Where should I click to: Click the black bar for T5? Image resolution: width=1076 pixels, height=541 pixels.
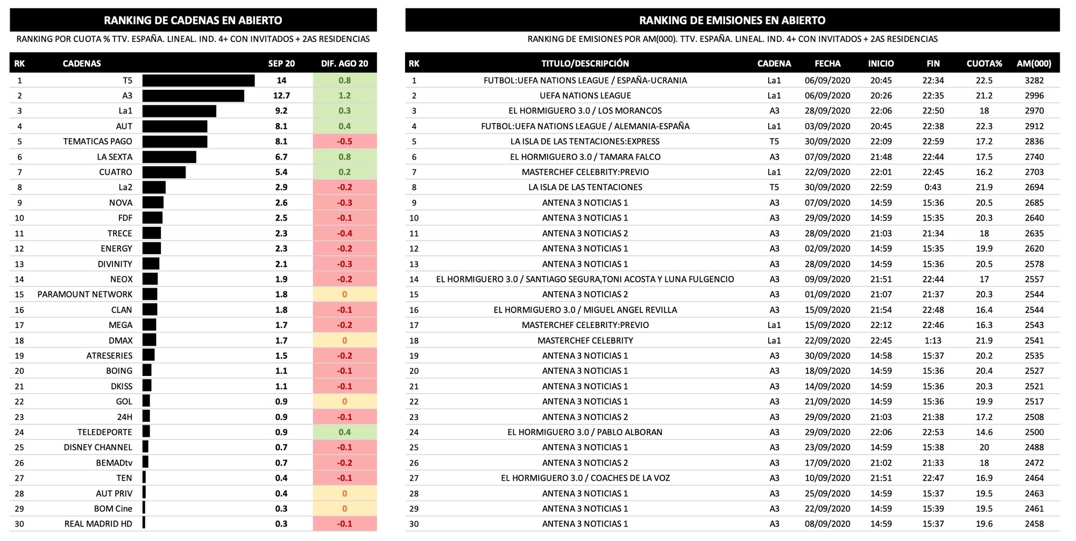tap(198, 81)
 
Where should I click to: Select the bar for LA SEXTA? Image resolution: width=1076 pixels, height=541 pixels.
tap(169, 157)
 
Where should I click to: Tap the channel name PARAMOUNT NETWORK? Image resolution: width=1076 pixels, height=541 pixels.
tap(84, 295)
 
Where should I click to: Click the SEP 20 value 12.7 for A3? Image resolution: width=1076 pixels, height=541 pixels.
tap(281, 96)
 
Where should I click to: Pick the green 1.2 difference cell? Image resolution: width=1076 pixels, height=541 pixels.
tap(344, 96)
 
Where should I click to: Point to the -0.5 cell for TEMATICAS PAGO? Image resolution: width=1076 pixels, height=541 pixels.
tap(344, 141)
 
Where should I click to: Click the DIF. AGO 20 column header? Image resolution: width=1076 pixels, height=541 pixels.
tap(344, 63)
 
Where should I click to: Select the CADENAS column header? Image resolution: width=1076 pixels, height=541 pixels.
tap(82, 63)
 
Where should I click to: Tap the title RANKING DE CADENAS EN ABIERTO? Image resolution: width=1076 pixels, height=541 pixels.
tap(193, 20)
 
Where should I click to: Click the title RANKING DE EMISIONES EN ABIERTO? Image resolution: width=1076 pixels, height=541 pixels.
tap(732, 20)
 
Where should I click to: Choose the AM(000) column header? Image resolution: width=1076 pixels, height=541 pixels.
tap(1033, 63)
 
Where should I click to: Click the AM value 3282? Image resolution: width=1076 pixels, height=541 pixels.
tap(1034, 81)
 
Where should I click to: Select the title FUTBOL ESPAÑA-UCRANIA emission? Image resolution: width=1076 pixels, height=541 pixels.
tap(585, 81)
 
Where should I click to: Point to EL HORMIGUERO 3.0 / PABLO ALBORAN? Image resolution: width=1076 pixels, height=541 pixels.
tap(585, 432)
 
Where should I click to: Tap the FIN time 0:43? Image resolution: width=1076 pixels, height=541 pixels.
tap(933, 187)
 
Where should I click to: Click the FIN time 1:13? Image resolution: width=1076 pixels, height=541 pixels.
tap(933, 340)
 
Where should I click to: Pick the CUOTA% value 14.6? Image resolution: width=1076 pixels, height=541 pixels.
tap(984, 432)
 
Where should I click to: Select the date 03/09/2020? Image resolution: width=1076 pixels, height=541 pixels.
tap(827, 126)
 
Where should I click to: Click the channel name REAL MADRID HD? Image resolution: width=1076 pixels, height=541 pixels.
tap(98, 524)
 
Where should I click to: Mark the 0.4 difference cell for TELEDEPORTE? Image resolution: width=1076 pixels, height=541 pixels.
tap(344, 432)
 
